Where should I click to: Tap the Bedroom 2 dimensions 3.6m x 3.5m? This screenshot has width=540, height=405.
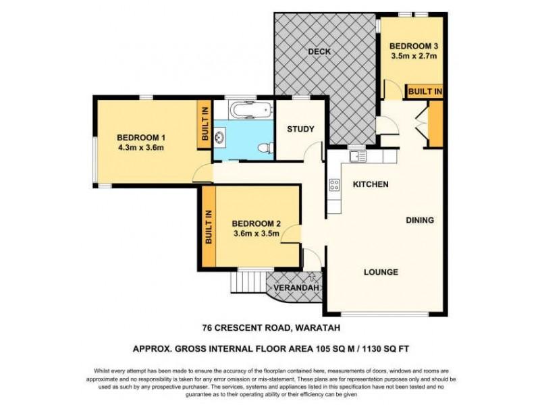click(x=256, y=234)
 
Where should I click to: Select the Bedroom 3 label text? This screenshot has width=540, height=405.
click(x=414, y=46)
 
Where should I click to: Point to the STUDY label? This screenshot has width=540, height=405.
click(x=300, y=130)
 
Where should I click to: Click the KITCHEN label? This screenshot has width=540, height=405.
click(x=371, y=184)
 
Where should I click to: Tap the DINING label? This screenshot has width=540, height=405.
click(x=420, y=220)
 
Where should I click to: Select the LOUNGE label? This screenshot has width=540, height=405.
click(x=381, y=272)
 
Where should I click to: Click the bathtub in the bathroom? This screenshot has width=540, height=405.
click(x=250, y=109)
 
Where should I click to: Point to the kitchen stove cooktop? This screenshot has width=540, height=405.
click(x=334, y=186)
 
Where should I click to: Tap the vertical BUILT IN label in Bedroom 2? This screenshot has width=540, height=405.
click(x=209, y=226)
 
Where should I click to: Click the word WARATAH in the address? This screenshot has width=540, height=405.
click(x=315, y=329)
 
